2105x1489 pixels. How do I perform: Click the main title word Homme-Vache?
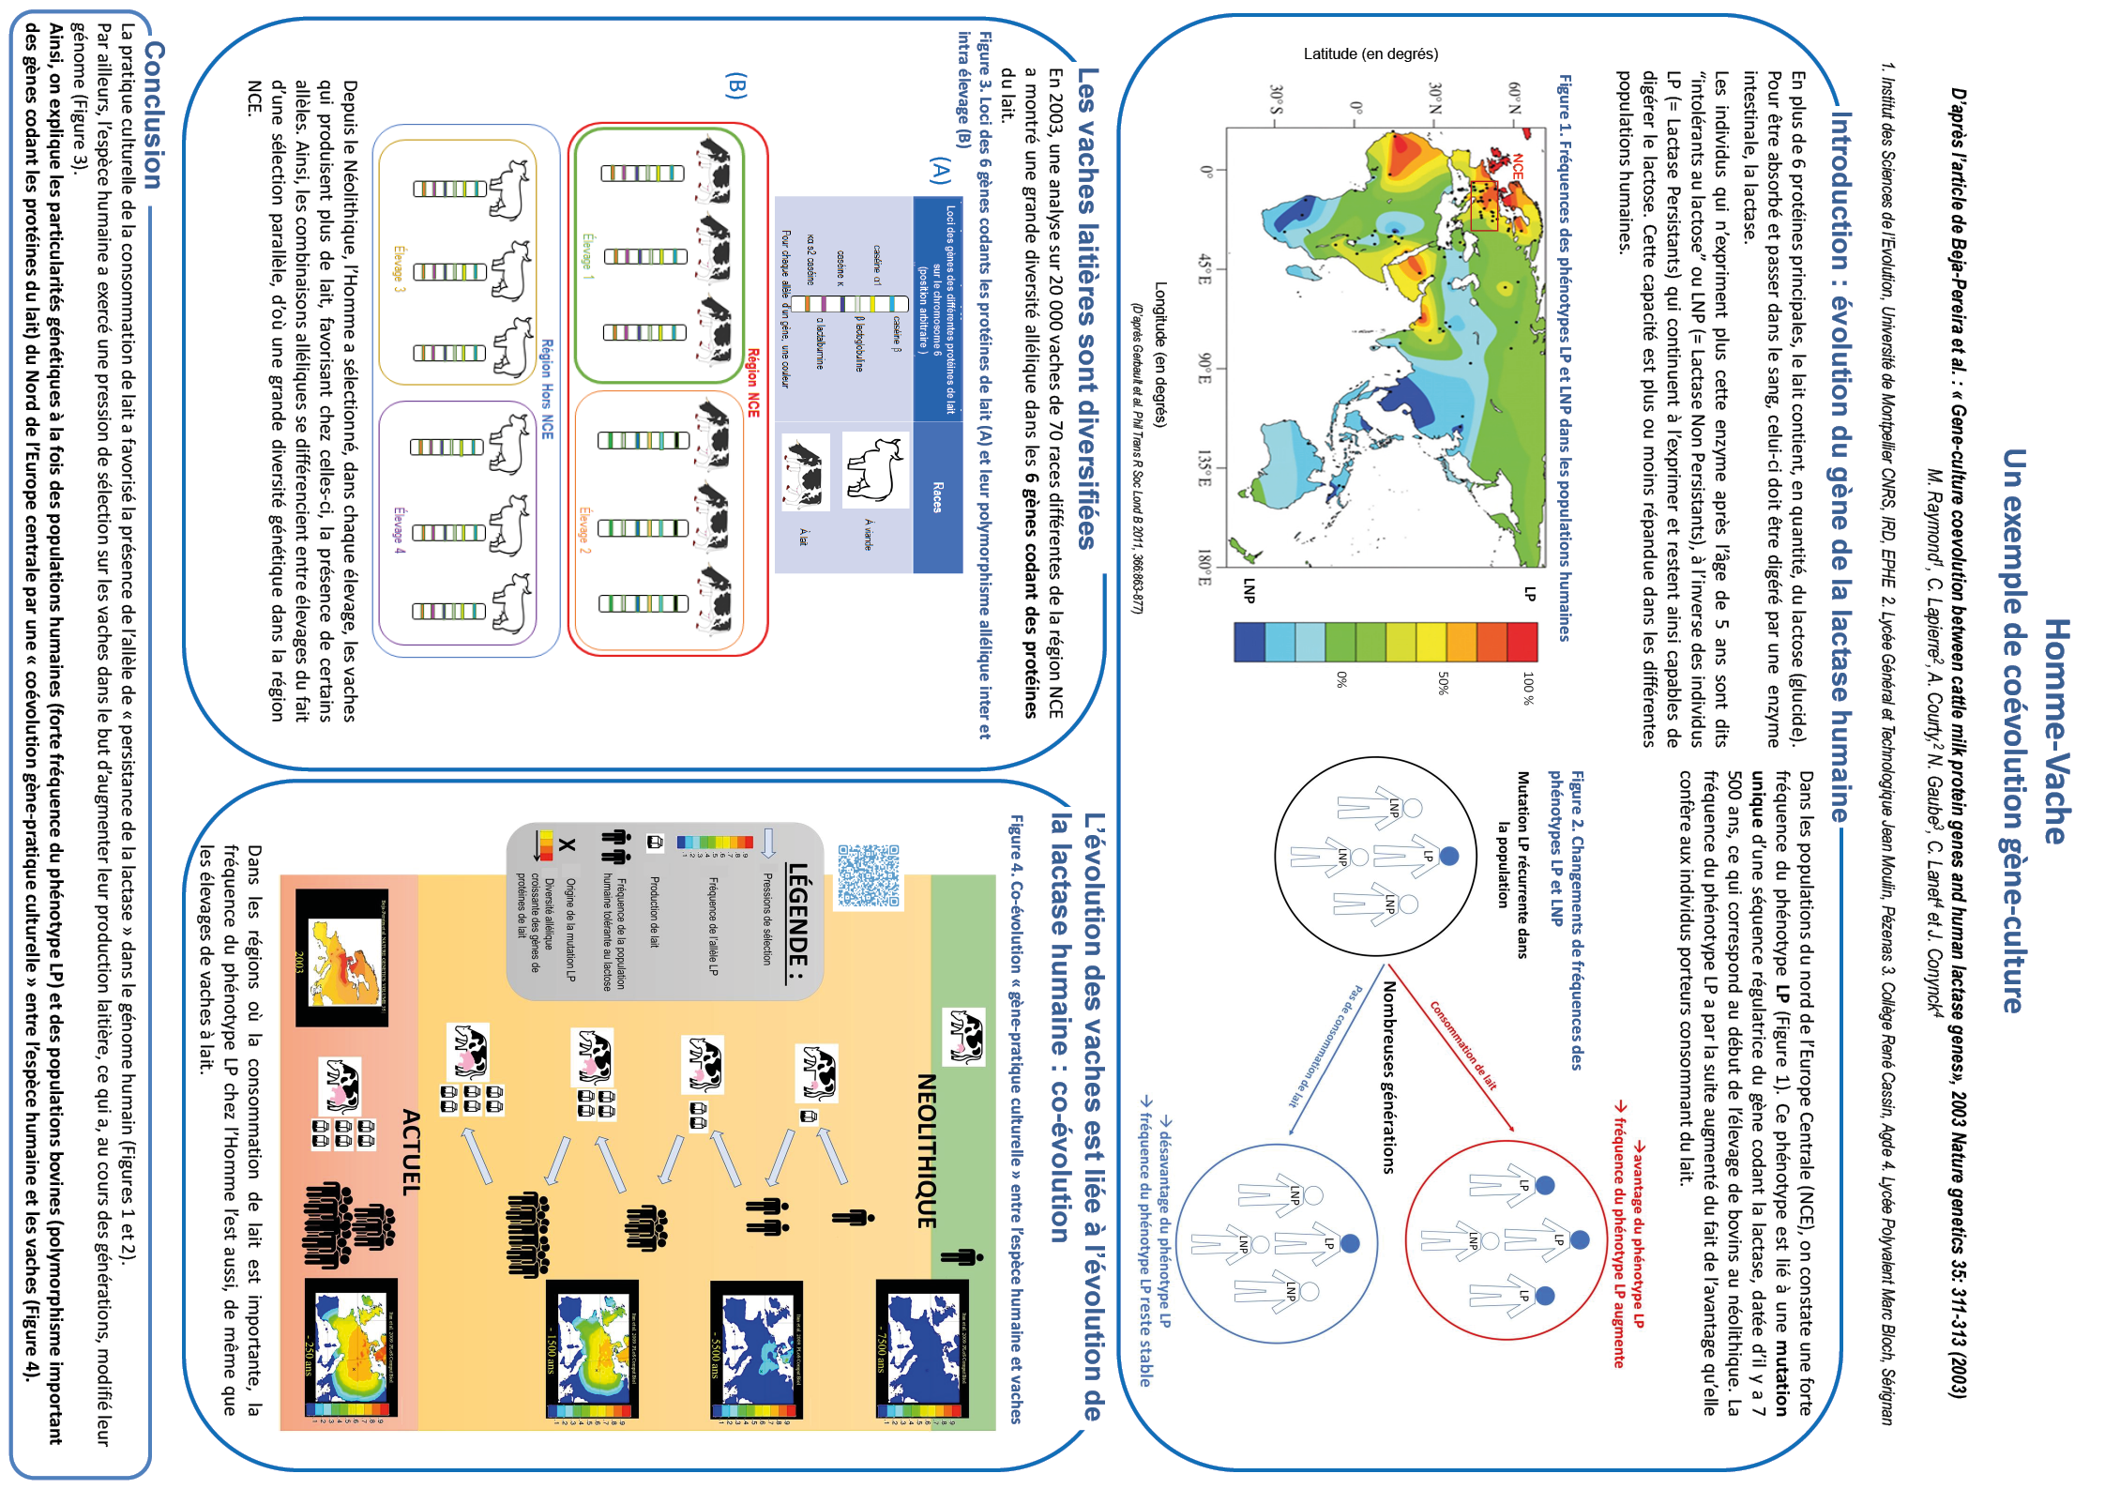[x=2056, y=731]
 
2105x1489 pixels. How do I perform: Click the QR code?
[x=869, y=875]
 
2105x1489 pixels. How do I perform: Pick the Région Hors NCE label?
[x=547, y=388]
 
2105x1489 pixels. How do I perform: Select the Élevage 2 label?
[x=584, y=530]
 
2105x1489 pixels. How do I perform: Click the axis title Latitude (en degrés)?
[x=1371, y=54]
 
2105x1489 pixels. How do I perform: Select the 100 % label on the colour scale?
[x=1528, y=688]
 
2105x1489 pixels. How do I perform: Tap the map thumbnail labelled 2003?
[x=341, y=957]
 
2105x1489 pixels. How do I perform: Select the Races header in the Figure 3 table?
[x=937, y=497]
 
